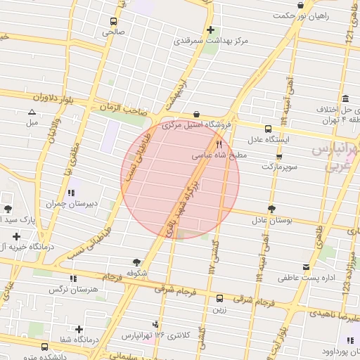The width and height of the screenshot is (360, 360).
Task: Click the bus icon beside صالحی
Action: pos(114,21)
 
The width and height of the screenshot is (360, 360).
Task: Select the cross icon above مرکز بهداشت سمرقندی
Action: pos(212,30)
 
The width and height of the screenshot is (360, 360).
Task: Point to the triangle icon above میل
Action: pos(32,112)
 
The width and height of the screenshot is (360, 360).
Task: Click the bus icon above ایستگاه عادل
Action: pos(267,129)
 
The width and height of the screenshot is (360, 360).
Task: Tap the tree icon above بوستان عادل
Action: pos(271,209)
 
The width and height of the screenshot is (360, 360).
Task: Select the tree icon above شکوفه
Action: pos(136,261)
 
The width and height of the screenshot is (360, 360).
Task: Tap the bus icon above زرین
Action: pos(219,298)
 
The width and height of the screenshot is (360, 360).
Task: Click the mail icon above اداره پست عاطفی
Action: pos(306,267)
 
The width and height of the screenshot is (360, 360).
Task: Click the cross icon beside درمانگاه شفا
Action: pos(79,329)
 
